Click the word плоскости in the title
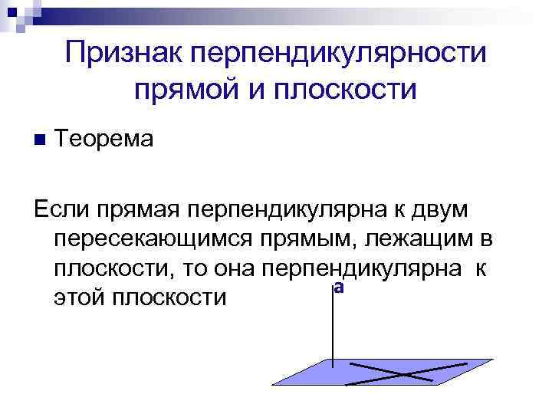(x=351, y=90)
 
